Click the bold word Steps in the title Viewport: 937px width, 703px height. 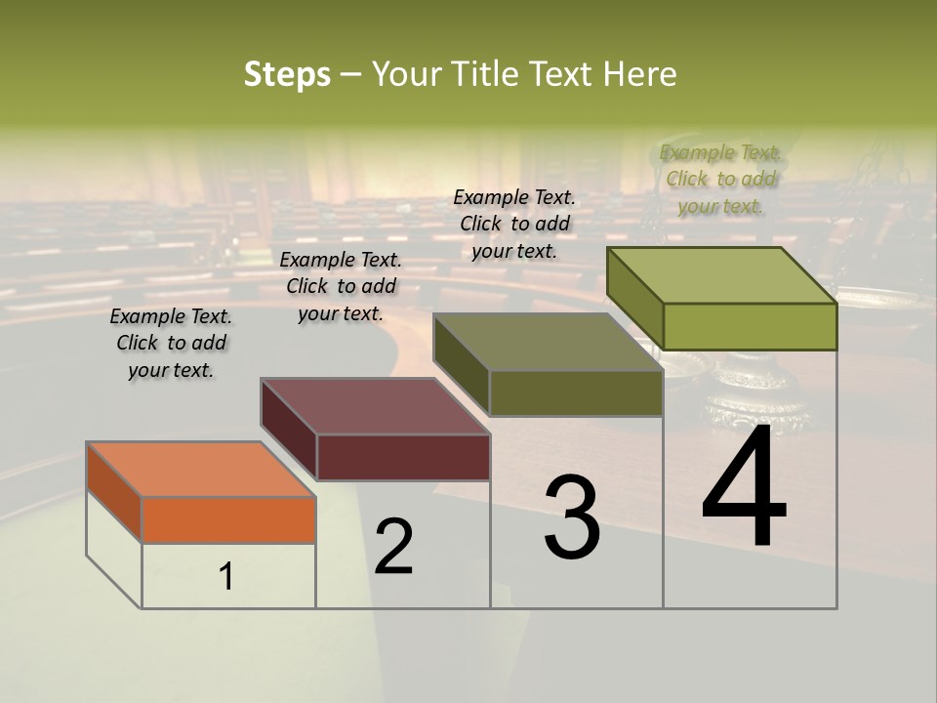287,74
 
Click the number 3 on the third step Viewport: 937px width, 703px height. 572,517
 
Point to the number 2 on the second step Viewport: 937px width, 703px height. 393,547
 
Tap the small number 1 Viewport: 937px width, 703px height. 226,576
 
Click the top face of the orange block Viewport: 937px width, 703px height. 200,469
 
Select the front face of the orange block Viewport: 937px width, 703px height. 228,519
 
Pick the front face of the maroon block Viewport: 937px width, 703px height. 403,457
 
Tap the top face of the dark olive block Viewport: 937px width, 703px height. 547,342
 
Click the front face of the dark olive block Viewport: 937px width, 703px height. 576,393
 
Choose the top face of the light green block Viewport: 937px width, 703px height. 720,274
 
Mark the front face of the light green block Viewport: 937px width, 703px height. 750,326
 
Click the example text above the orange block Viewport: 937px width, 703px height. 171,343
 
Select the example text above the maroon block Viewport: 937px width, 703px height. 341,286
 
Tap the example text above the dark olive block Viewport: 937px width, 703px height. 514,224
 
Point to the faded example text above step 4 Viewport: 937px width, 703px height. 720,179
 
